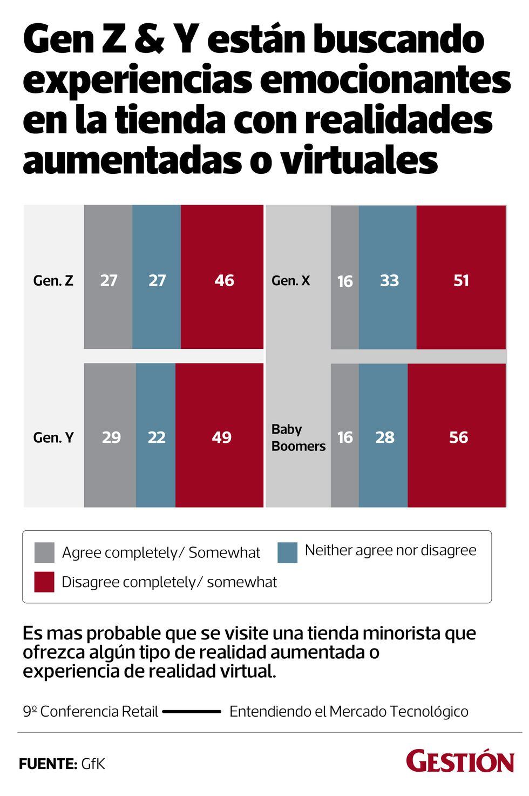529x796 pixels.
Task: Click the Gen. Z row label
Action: (x=53, y=281)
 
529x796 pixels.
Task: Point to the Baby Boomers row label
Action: (x=298, y=437)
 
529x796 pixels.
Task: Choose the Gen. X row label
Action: (x=291, y=281)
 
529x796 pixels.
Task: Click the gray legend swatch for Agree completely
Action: (x=44, y=552)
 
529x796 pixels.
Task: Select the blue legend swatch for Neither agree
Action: (x=288, y=552)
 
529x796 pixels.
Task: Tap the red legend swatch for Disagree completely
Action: (x=44, y=582)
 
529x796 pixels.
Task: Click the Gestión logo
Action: (x=460, y=761)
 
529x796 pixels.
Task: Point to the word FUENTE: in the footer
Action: (x=48, y=764)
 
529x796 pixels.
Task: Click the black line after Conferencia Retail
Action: (x=192, y=712)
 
